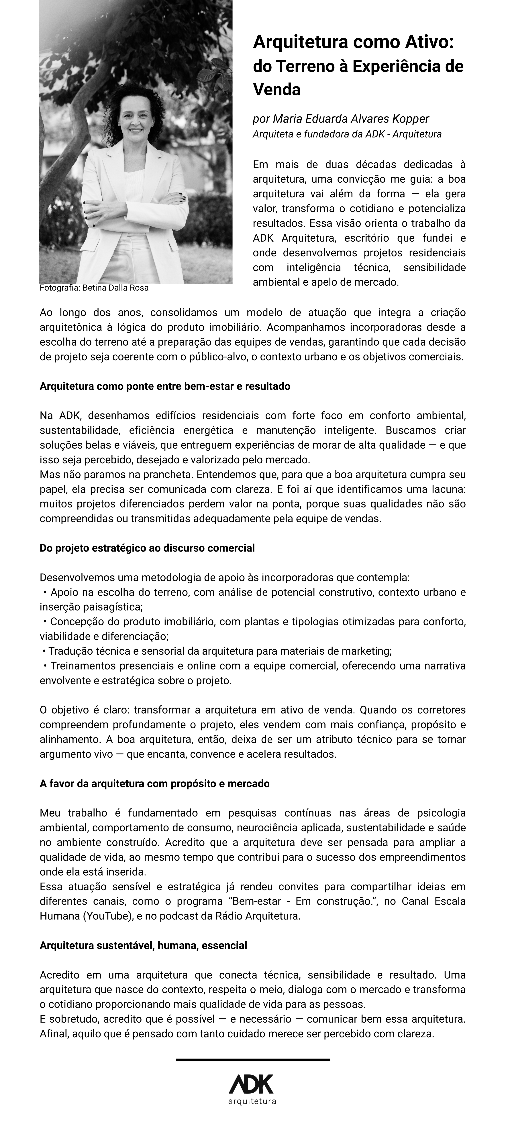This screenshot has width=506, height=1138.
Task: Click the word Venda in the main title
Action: tap(277, 90)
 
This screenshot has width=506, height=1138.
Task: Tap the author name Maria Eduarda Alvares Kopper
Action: tap(351, 119)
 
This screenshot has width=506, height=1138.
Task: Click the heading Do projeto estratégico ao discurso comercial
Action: tap(147, 548)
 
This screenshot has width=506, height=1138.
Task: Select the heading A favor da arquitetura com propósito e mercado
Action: tap(155, 784)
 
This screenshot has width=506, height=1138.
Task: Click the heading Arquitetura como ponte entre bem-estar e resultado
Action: tap(165, 387)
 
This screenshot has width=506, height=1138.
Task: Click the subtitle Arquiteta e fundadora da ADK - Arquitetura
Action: tap(347, 134)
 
